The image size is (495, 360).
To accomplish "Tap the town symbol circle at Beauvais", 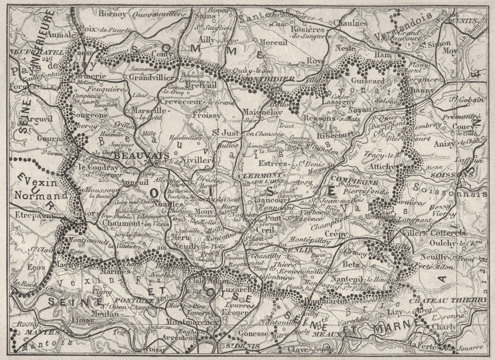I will click(155, 163).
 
